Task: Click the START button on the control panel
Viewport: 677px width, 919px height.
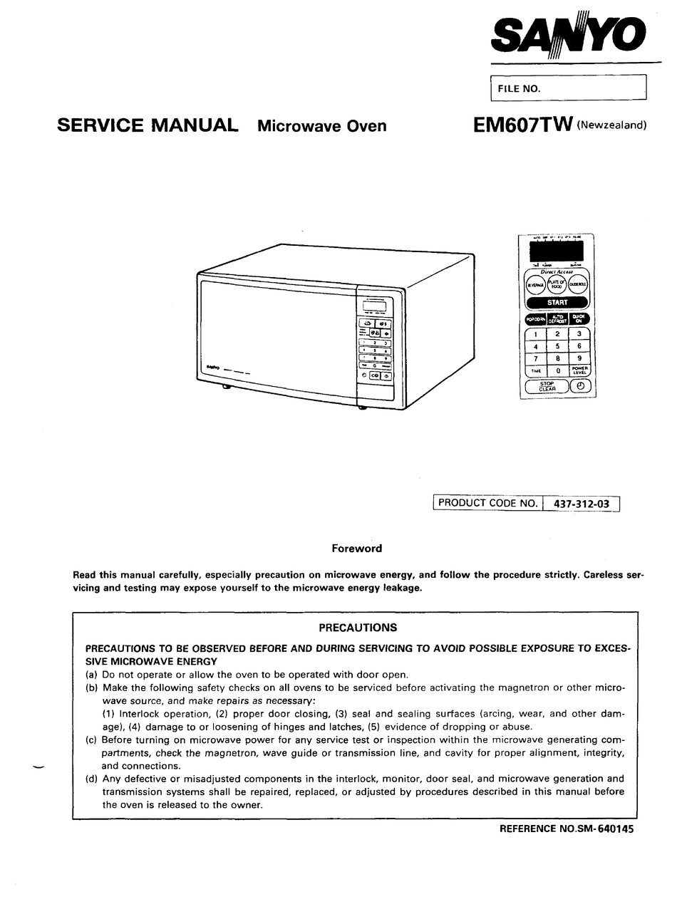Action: click(557, 302)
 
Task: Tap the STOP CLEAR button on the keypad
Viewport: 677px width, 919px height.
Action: click(547, 386)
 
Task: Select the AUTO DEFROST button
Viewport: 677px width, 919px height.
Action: click(557, 319)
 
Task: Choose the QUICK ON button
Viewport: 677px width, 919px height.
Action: click(579, 319)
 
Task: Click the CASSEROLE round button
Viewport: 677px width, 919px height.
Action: click(579, 284)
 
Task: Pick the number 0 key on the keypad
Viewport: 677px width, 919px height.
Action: click(557, 370)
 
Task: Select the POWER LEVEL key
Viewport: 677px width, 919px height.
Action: click(579, 370)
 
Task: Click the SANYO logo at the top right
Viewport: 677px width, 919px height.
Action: click(569, 33)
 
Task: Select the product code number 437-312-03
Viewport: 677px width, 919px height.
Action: click(581, 504)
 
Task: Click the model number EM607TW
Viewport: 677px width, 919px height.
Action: click(523, 125)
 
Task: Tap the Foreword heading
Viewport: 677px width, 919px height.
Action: click(356, 549)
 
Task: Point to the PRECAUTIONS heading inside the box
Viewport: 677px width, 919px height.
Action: click(357, 628)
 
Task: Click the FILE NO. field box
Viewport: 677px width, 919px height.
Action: click(568, 88)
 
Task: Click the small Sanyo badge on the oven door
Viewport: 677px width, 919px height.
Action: click(212, 368)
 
